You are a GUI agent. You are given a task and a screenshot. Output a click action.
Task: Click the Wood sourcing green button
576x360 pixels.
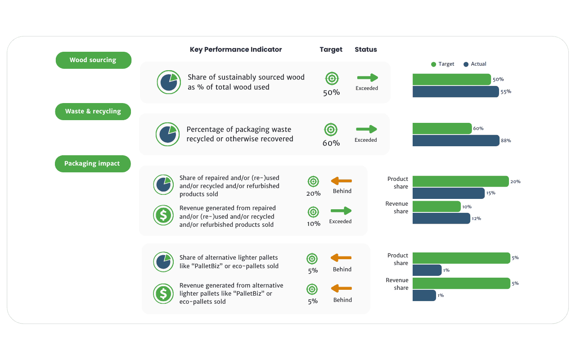93,60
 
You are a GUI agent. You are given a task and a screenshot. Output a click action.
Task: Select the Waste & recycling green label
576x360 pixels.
93,112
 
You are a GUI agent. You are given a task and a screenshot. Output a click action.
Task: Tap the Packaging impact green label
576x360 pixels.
92,164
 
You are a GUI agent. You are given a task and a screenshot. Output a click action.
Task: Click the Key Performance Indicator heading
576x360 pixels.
236,49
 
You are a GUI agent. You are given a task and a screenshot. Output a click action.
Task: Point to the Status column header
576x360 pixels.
366,49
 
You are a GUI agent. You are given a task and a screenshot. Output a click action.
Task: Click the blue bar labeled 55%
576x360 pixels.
455,92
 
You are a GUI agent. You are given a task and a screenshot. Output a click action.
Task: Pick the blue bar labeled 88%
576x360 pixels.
456,141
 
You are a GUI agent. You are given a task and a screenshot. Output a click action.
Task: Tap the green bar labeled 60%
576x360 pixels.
442,129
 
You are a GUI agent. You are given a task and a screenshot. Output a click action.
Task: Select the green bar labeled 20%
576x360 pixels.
460,181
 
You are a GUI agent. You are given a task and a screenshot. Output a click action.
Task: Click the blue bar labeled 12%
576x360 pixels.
441,219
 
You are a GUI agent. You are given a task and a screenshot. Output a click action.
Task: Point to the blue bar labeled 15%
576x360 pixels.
448,193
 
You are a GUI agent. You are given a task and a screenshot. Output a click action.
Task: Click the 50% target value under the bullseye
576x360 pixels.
332,93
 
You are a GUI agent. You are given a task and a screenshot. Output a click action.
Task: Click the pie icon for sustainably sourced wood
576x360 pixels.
169,82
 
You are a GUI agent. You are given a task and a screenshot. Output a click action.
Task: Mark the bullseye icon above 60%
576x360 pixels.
331,130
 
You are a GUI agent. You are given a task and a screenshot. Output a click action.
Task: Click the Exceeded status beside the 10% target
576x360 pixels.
340,221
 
